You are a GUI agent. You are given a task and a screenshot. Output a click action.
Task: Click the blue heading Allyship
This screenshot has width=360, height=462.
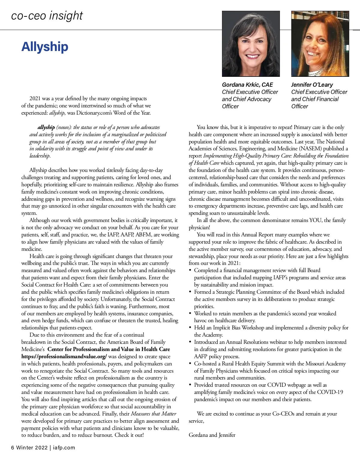tap(45, 47)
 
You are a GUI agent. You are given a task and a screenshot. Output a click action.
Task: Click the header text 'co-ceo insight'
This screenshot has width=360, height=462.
tap(47, 16)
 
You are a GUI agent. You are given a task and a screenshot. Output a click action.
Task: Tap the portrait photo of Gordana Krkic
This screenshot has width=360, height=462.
tap(251, 44)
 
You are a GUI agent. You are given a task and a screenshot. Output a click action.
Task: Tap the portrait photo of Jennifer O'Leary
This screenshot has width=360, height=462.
tap(320, 44)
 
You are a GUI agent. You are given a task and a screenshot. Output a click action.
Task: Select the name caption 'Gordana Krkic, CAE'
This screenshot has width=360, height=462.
tap(247, 85)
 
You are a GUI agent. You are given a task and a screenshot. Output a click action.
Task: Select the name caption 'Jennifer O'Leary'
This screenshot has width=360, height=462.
tap(312, 85)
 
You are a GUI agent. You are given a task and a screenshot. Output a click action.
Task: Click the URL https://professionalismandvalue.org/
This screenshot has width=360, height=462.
tap(64, 356)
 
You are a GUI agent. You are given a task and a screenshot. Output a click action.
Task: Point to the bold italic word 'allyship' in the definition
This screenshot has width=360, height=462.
tap(46, 127)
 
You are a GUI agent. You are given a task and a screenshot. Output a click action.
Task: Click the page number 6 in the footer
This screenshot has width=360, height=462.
tap(13, 448)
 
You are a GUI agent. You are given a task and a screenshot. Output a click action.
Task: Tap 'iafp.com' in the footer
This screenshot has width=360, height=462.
tap(64, 448)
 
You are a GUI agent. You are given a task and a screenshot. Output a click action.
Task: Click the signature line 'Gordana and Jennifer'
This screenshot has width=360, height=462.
tap(212, 435)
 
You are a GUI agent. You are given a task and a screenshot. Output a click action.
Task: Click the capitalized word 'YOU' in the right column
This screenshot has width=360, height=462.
tap(315, 220)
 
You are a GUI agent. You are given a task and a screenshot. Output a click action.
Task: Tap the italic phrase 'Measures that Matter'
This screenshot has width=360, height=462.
tap(154, 414)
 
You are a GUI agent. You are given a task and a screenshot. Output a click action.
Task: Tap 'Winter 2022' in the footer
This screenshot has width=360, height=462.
tap(32, 448)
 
